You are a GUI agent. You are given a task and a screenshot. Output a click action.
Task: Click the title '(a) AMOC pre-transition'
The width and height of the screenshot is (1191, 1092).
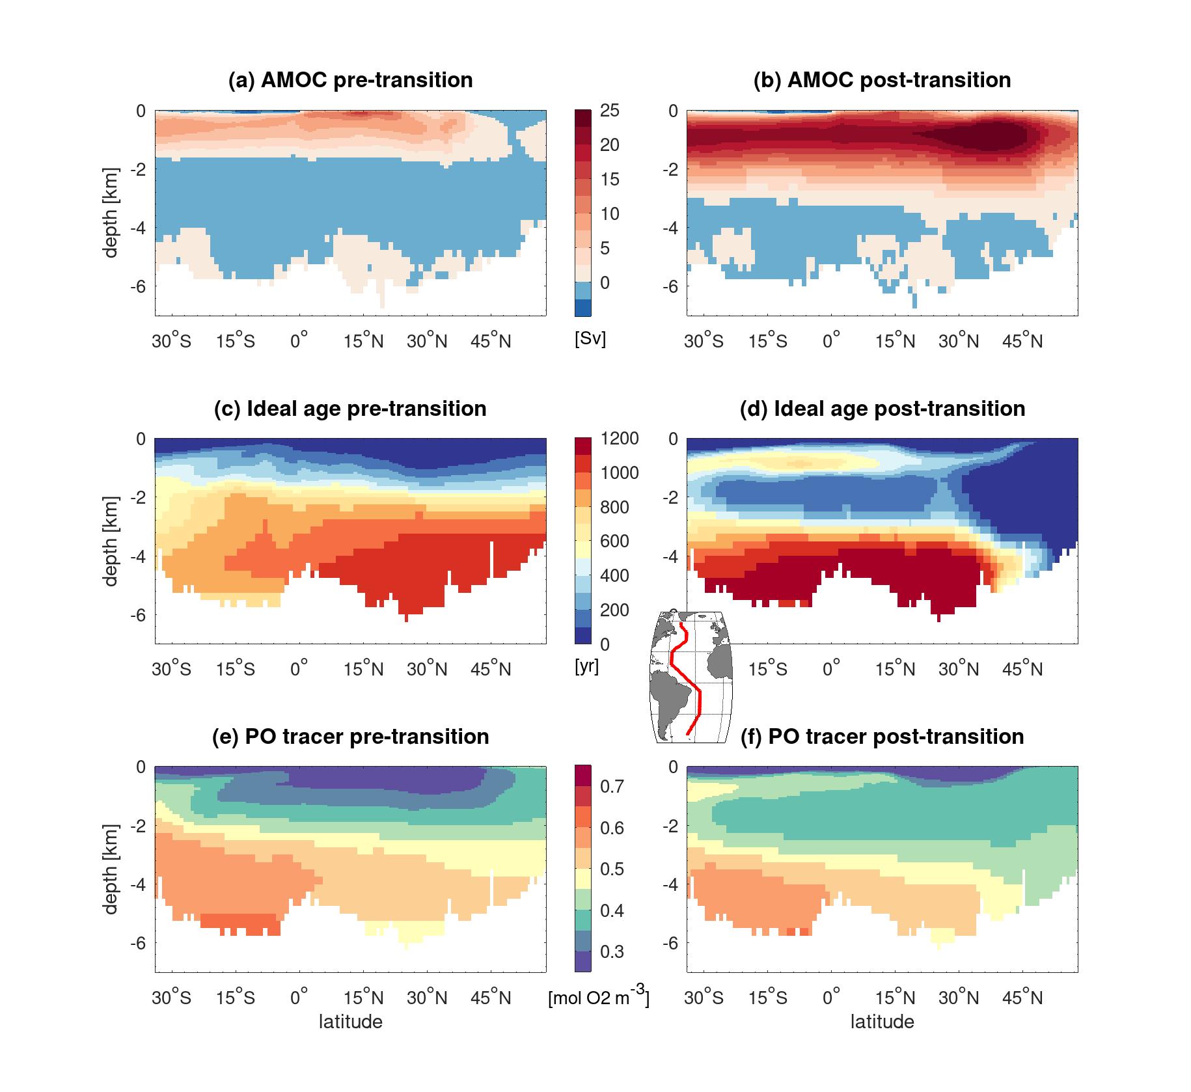tap(350, 80)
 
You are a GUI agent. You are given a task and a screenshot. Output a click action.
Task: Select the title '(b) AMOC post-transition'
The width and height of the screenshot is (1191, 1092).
tap(882, 80)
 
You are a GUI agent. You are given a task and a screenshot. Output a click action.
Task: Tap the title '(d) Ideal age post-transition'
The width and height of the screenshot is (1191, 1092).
tap(882, 409)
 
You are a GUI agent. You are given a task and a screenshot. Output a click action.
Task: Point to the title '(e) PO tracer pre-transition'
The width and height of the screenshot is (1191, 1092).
tap(350, 737)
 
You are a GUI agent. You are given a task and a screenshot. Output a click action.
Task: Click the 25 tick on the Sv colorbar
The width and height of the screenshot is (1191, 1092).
tap(610, 111)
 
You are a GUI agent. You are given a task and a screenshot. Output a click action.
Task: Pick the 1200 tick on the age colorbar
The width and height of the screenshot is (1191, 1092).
tap(619, 439)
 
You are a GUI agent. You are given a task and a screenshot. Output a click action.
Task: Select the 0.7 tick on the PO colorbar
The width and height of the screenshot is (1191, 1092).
tap(611, 787)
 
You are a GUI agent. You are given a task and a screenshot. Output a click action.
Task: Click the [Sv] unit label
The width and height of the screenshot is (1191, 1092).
tap(590, 339)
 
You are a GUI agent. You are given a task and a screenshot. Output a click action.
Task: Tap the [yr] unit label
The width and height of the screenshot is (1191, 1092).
tap(587, 667)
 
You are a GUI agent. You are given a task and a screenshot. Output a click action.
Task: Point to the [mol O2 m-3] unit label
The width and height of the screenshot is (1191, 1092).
tap(599, 997)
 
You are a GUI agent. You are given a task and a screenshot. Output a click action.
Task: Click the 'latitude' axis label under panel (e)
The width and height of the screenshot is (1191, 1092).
tap(350, 1022)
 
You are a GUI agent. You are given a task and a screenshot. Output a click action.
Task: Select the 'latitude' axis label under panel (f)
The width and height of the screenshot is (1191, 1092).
tap(882, 1022)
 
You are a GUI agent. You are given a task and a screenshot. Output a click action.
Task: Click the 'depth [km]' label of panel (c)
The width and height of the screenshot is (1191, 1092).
tap(111, 541)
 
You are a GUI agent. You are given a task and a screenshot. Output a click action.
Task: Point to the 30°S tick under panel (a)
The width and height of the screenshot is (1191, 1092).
tap(172, 340)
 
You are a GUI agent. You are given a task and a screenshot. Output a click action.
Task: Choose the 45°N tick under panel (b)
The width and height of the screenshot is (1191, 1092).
tap(1022, 340)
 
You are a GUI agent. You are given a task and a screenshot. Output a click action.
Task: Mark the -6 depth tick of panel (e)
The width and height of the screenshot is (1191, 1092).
tap(139, 943)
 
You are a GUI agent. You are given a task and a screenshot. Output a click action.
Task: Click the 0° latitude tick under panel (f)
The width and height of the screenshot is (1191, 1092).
tap(832, 997)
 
